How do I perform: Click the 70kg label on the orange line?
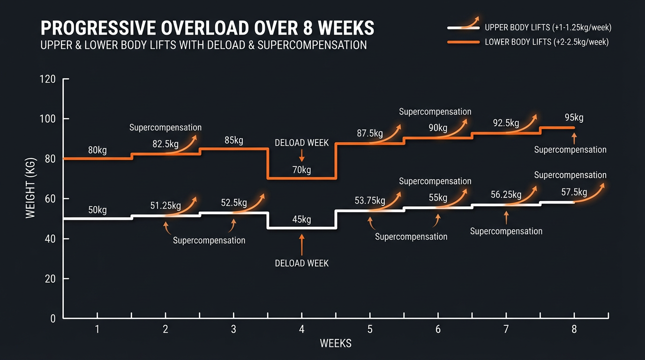point(301,170)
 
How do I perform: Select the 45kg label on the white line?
point(301,219)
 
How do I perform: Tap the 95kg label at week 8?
point(574,118)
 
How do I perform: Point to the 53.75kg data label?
point(369,201)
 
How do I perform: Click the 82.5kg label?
point(165,144)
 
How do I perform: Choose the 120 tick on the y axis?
point(49,80)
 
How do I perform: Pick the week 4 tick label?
point(301,329)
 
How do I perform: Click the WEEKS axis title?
point(335,344)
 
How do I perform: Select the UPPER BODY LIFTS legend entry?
point(548,28)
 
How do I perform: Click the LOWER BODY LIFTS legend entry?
point(547,42)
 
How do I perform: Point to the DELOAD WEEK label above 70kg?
point(301,142)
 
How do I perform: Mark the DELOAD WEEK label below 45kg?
point(301,263)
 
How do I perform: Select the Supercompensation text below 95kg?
point(570,150)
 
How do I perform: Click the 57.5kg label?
point(574,192)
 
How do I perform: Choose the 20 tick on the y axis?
point(50,279)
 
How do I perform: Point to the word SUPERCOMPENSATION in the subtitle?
point(312,45)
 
